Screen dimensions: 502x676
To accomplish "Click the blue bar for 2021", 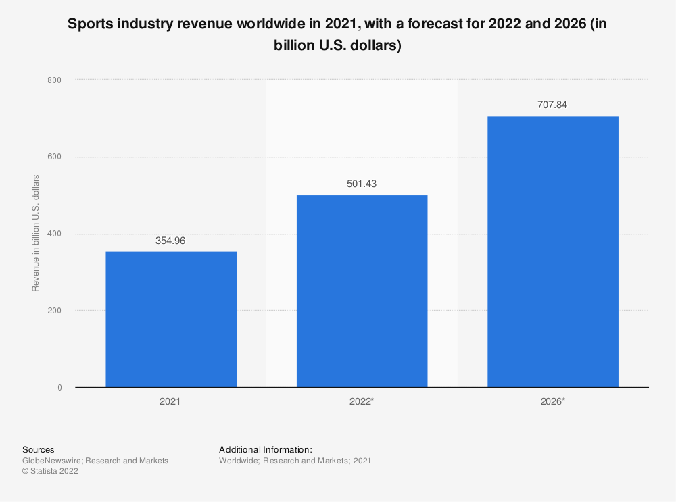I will [x=171, y=320].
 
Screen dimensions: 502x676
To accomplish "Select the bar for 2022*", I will [x=362, y=291].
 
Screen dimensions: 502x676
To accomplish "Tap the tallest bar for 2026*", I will [x=552, y=252].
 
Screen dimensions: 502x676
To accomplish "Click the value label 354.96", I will [x=171, y=240].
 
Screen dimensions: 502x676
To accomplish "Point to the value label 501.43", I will [x=362, y=183].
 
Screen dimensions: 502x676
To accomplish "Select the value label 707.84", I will [x=552, y=105].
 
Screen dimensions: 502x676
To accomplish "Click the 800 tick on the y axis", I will [x=54, y=80].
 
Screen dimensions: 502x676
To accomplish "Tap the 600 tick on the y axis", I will [x=54, y=157].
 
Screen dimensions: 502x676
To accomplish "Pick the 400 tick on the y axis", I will [x=54, y=234].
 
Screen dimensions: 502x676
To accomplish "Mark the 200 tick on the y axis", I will [x=54, y=311].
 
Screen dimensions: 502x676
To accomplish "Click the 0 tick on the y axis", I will [x=59, y=388].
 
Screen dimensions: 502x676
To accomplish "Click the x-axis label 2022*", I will [x=362, y=401].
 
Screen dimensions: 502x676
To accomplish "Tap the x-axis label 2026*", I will [x=554, y=401].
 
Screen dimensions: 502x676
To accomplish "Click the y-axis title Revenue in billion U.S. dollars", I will [x=36, y=233].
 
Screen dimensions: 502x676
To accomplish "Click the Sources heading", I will [x=39, y=449].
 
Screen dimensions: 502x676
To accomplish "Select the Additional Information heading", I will [x=265, y=449].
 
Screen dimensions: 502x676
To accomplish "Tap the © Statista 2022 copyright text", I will [x=50, y=472].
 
